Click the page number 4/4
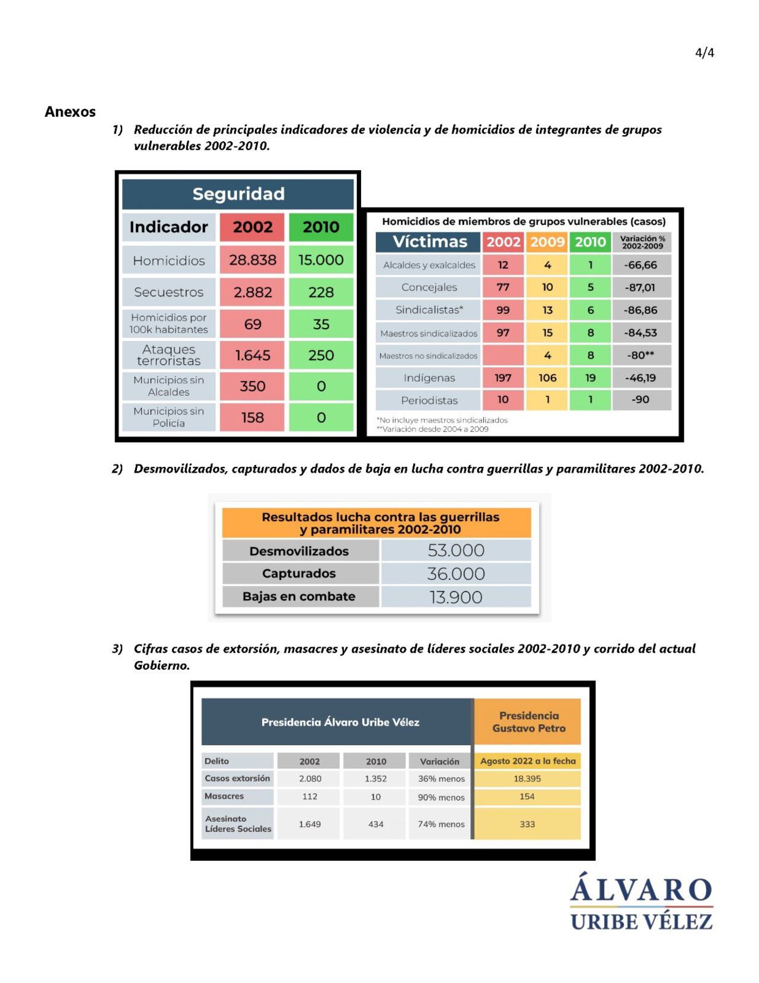(x=704, y=53)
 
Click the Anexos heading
(x=70, y=112)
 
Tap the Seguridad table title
(x=238, y=194)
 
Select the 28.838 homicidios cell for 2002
(x=253, y=260)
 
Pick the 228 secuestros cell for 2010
(x=321, y=292)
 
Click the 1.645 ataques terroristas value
(x=253, y=355)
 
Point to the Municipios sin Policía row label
(x=169, y=417)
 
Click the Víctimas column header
(x=430, y=242)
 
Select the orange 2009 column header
(x=547, y=242)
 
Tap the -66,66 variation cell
(x=640, y=265)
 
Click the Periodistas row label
(x=429, y=400)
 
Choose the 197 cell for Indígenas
(x=503, y=378)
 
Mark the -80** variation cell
(x=640, y=355)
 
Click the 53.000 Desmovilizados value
(x=456, y=551)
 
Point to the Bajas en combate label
(x=299, y=596)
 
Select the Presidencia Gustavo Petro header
(x=528, y=722)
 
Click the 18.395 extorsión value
(x=527, y=778)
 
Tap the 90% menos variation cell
(x=441, y=797)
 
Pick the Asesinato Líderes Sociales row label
(x=238, y=824)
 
